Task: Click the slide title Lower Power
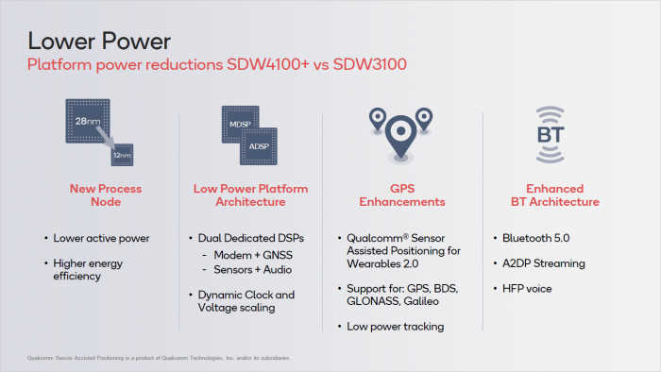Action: click(x=100, y=40)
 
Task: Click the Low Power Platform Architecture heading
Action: click(x=250, y=195)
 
